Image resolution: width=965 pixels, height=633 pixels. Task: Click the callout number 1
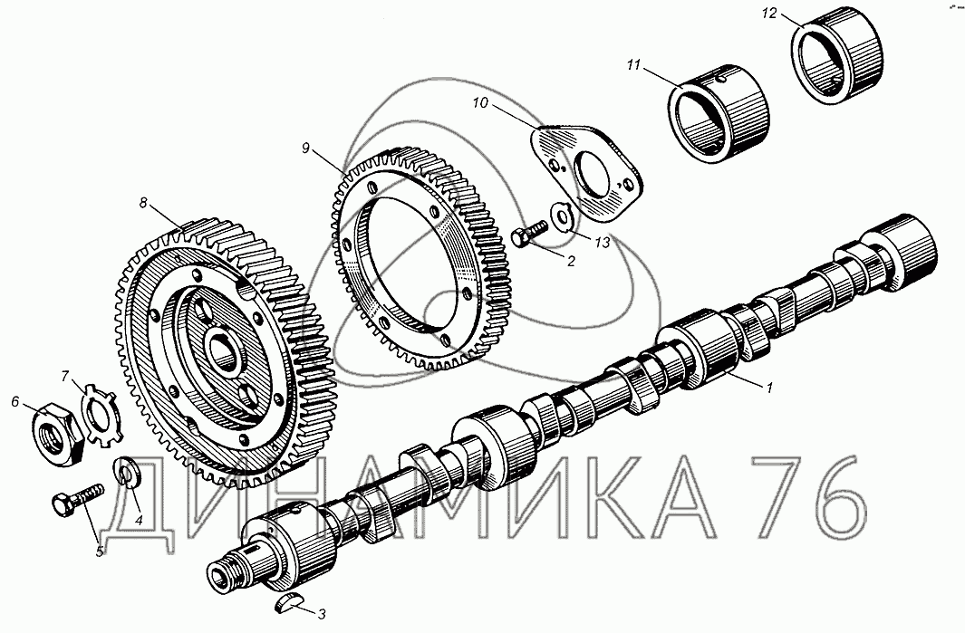point(769,388)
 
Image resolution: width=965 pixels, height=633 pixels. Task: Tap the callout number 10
point(479,105)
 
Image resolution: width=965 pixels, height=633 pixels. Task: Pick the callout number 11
point(632,65)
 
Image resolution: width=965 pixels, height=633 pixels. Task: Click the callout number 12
point(768,14)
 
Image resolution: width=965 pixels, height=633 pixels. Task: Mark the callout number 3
point(322,613)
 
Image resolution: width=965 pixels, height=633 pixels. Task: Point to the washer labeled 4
point(127,475)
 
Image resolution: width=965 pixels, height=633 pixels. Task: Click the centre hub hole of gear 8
point(219,350)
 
